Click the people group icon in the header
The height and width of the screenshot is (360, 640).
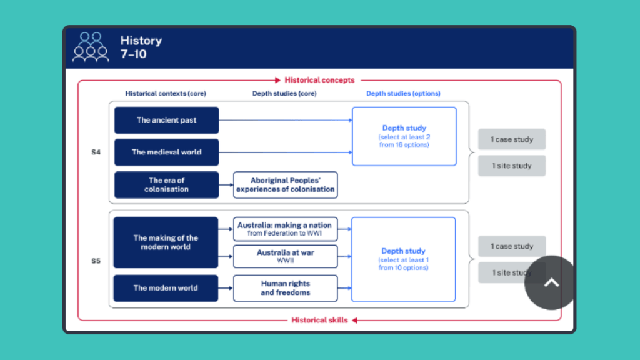pos(91,47)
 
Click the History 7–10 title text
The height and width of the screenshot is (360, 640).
pos(141,47)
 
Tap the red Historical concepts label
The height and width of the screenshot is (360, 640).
pos(319,80)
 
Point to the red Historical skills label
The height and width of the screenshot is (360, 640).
pos(319,320)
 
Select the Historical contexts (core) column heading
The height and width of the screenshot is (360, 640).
pos(166,94)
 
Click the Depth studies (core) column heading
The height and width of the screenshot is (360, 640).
pos(284,94)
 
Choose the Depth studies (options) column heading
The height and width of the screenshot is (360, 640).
pos(403,94)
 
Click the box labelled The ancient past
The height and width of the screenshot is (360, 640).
pos(166,120)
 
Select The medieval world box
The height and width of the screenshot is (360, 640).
pos(166,152)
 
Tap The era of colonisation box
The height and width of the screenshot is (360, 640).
pos(166,184)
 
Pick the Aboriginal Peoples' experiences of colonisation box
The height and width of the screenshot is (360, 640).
pos(285,184)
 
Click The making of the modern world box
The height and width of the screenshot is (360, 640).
pos(166,242)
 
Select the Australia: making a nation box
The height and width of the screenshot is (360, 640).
pos(285,229)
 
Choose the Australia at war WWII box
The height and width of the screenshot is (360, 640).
pos(285,256)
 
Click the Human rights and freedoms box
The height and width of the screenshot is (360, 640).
pos(285,288)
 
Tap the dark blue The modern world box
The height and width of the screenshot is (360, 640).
pos(166,288)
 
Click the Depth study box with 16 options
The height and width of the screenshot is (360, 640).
pos(404,136)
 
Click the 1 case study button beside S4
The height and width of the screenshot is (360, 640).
pos(511,139)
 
